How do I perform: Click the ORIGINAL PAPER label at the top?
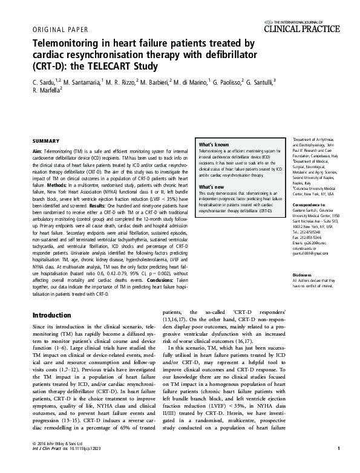pyautogui.click(x=59, y=28)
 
